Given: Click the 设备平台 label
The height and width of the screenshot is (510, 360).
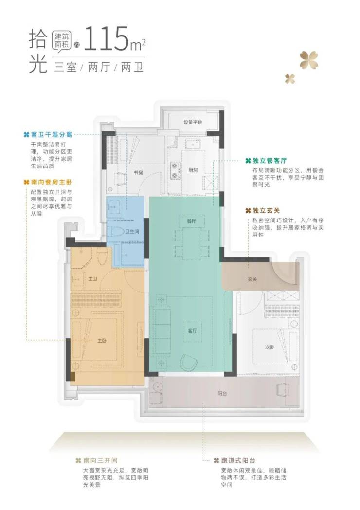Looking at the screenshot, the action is click(x=193, y=122).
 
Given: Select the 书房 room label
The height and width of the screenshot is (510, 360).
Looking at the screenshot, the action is click(x=138, y=172).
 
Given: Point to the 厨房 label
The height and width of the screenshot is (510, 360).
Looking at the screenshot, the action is click(x=193, y=170).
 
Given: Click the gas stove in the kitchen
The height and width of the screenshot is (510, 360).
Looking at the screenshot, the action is click(x=176, y=170).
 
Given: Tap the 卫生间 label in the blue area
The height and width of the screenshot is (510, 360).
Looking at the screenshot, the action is click(x=132, y=231).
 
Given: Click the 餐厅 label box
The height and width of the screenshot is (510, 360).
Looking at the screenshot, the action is click(x=192, y=221).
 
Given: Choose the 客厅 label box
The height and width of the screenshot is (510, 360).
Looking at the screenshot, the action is click(x=192, y=331).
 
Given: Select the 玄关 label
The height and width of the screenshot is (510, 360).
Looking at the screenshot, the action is click(x=252, y=279).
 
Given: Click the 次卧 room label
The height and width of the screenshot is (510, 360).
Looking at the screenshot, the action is click(x=269, y=347).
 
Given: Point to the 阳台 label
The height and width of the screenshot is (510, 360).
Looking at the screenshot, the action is click(x=222, y=393).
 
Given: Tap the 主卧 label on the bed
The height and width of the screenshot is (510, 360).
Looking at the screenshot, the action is click(x=102, y=341).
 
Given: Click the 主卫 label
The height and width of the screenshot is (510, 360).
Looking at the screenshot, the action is click(x=93, y=279).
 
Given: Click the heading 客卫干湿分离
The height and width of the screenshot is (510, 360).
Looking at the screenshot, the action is click(x=52, y=135).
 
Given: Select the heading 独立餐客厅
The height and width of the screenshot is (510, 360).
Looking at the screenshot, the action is click(x=270, y=161).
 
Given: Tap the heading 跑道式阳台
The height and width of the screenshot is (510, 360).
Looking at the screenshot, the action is click(x=238, y=460).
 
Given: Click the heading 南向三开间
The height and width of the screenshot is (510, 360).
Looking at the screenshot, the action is click(x=100, y=460).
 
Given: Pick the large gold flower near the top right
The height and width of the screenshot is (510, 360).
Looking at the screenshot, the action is click(x=308, y=60).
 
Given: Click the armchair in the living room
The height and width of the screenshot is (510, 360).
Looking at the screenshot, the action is click(x=190, y=362).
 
